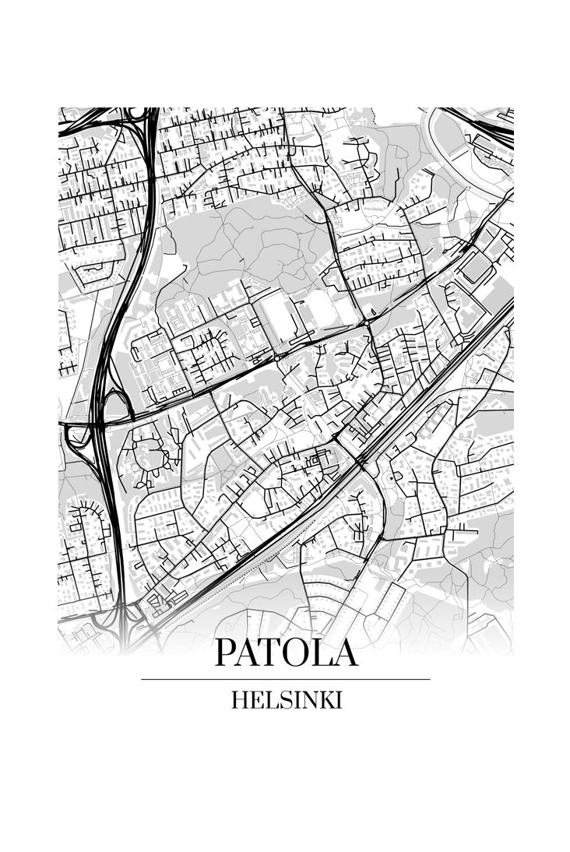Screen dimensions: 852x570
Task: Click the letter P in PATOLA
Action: [x=227, y=653]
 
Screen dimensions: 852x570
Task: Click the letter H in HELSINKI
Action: [x=238, y=700]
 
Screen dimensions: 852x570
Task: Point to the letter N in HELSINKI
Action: [x=304, y=700]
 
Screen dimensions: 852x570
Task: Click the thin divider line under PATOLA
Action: [x=285, y=679]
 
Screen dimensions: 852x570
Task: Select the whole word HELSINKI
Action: [x=286, y=700]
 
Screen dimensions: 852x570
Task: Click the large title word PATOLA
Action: [x=286, y=653]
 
